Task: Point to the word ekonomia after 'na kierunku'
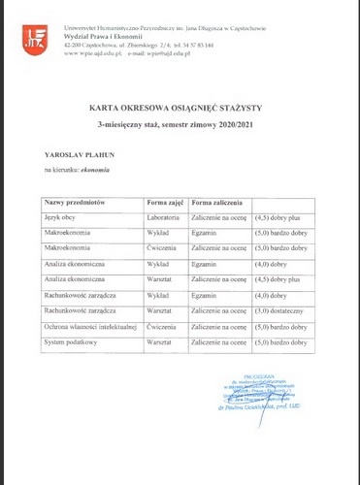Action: tap(92, 171)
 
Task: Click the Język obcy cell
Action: tap(61, 217)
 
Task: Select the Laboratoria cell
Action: tap(165, 217)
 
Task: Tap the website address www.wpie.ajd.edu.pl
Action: tap(91, 53)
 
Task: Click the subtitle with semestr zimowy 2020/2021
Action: tap(180, 127)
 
